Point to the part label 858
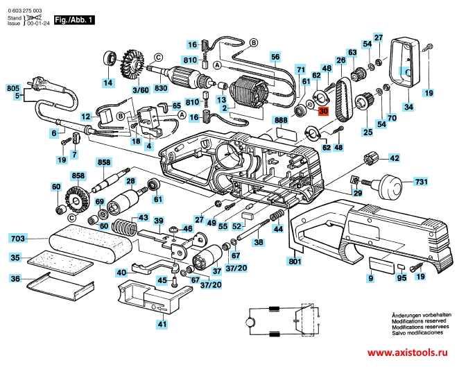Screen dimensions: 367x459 104,163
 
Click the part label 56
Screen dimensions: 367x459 275,57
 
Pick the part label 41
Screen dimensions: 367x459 162,324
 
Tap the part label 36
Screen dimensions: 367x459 15,278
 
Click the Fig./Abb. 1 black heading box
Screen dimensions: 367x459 73,22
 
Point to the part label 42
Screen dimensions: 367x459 394,159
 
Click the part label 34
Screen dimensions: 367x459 408,107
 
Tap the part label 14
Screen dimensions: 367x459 107,83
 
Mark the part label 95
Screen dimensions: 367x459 401,280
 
